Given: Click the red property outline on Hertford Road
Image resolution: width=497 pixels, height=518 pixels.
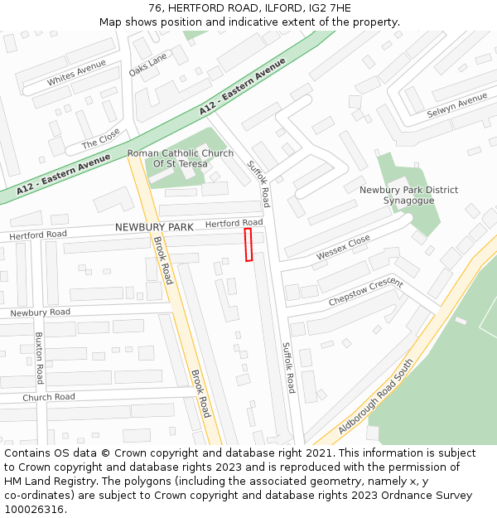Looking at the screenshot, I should coord(248,245).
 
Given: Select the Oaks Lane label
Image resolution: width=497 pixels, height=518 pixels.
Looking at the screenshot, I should coord(147,61).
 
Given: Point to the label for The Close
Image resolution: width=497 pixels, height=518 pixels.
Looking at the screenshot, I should coord(100,143).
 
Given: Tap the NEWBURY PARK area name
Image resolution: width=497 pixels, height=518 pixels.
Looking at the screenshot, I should coord(154,227).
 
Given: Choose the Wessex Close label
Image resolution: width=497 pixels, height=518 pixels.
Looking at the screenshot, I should coord(343,247).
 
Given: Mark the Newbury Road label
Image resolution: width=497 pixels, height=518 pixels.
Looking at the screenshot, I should coord(40,312).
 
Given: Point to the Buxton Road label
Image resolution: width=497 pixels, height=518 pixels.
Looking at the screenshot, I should coord(38,357).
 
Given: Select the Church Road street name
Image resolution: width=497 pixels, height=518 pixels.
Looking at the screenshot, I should coord(48,397).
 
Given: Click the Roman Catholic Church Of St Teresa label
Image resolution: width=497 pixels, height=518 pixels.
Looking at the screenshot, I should coord(180,158).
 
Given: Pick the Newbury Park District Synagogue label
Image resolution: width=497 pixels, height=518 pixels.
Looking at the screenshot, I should coord(408,195).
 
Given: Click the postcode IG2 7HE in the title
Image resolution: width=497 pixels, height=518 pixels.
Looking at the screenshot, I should coord(331,7).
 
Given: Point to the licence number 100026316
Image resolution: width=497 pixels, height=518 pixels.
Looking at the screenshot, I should coord(34,509).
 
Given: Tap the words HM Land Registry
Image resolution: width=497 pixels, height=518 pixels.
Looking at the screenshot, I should coord(39,481).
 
